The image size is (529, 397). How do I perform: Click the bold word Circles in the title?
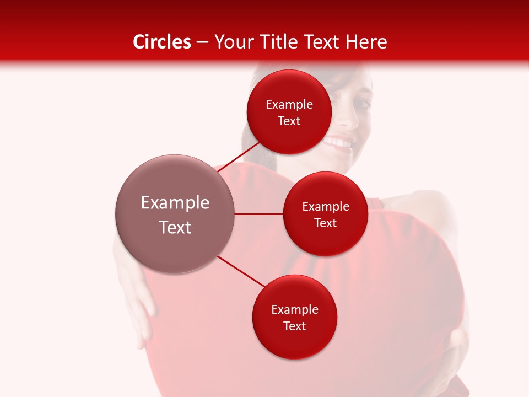coord(161,42)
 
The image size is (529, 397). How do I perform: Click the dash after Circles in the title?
coord(202,42)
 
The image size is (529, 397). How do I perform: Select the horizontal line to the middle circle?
coord(259,214)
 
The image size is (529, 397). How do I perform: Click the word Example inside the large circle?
coord(175,203)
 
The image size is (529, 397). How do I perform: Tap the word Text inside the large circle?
coord(175,227)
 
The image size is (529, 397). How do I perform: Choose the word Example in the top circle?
coord(289,105)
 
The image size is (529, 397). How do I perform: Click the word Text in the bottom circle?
coord(294,326)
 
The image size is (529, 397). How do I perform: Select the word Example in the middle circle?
coord(326,207)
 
